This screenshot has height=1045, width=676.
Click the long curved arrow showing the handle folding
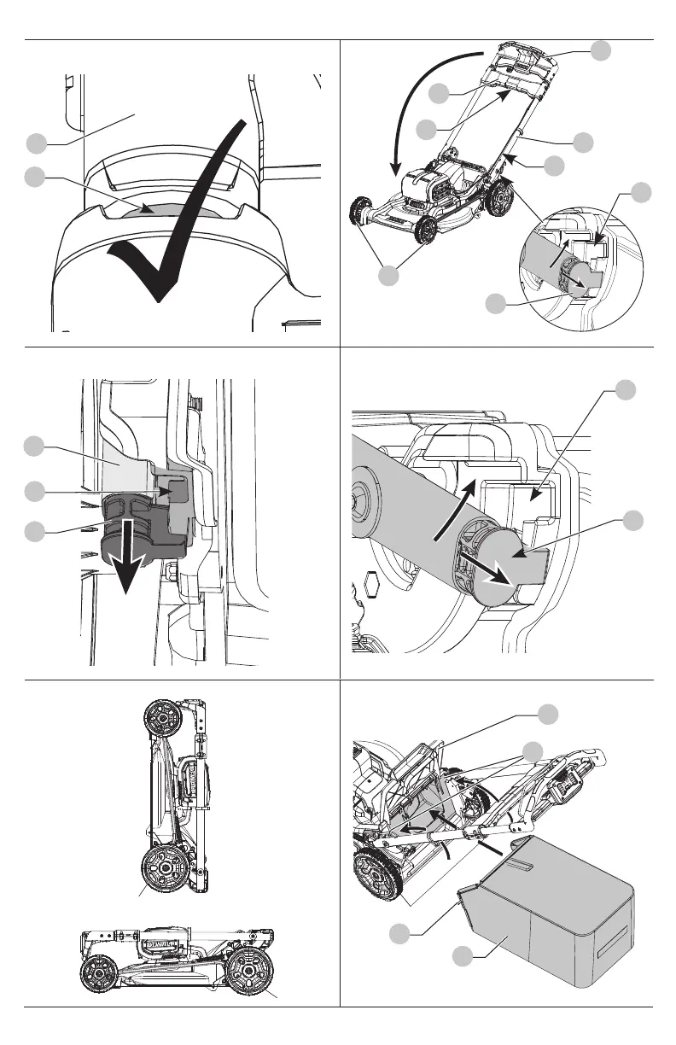pos(418,94)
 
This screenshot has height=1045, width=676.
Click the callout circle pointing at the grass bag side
pos(462,957)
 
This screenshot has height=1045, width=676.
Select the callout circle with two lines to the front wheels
pos(389,275)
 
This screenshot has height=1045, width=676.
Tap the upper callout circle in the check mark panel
pos(34,143)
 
